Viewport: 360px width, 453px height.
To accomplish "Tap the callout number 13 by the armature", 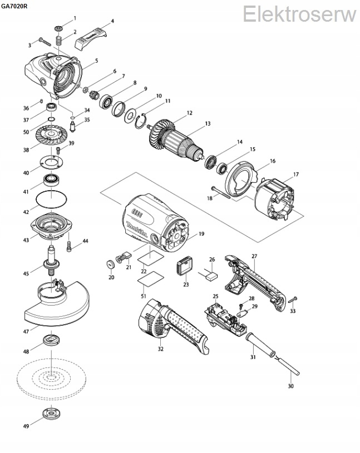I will tap(208, 123).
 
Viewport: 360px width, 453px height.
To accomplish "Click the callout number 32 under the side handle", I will tap(160, 349).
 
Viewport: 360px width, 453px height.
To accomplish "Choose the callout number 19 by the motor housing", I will tap(201, 234).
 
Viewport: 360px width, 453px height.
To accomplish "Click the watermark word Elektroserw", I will tap(299, 13).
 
